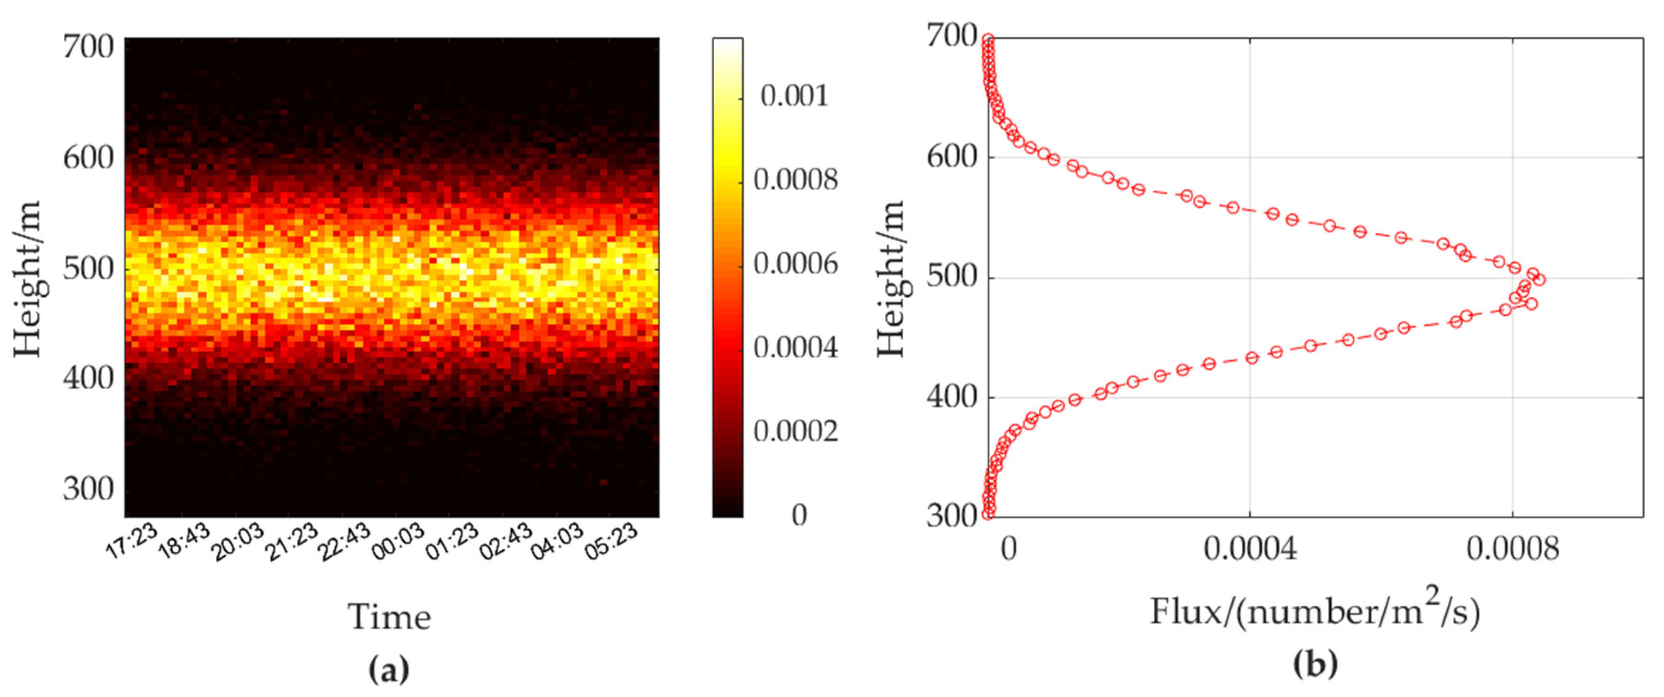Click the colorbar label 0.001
[x=794, y=96]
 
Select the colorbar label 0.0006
[x=795, y=264]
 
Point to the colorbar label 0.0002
[x=795, y=431]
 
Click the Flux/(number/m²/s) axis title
[x=1315, y=611]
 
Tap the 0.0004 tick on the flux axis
[x=1250, y=549]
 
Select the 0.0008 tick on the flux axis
[x=1512, y=549]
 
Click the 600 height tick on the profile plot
[x=952, y=157]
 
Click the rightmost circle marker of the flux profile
[x=1539, y=280]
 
